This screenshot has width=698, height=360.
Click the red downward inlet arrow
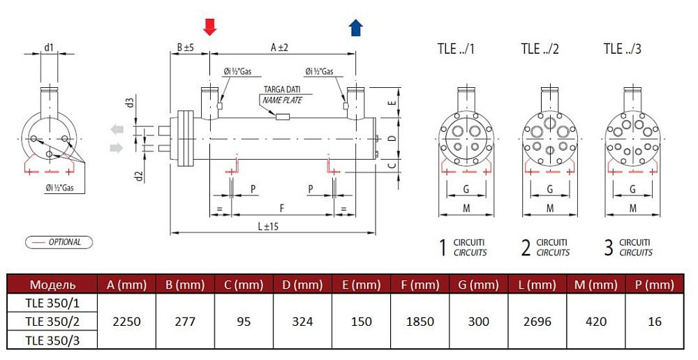tap(209, 27)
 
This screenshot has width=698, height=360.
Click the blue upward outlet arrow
tap(356, 28)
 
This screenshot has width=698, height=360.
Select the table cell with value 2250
tap(126, 322)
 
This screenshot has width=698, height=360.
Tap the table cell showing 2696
tap(537, 322)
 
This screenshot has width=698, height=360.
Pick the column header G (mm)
tap(479, 285)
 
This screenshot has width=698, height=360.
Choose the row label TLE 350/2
tap(52, 322)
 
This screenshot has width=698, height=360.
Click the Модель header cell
tap(52, 285)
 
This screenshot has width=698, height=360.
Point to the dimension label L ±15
tap(268, 226)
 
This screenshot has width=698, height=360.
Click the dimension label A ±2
tap(280, 47)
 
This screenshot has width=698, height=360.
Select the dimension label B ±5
tap(185, 47)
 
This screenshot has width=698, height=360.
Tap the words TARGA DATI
tap(282, 89)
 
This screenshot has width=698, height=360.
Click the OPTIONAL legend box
tap(59, 242)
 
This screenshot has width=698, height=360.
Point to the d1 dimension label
tap(49, 47)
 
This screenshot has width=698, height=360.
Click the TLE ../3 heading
tap(623, 49)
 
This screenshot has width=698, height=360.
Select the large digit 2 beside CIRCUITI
tap(526, 248)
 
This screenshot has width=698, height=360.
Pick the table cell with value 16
tap(655, 322)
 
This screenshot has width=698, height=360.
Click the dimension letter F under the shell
tap(282, 208)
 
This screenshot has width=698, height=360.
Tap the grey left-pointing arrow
tap(117, 130)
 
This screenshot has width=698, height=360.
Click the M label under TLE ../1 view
tap(466, 209)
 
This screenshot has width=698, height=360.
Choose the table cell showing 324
tap(302, 322)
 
